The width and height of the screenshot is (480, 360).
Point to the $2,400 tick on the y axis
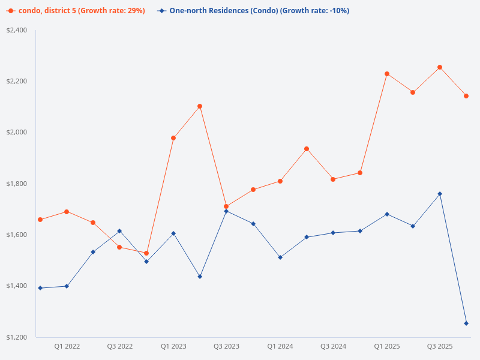coord(17,30)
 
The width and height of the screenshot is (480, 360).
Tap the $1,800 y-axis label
coord(17,184)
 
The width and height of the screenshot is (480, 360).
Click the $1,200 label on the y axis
coord(17,337)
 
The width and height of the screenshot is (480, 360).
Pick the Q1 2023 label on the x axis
coord(173,346)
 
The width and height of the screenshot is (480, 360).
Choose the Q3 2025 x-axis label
coord(439,346)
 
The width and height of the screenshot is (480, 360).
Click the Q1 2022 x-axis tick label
coord(67,346)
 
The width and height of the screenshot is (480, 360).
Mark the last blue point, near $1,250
coord(466,323)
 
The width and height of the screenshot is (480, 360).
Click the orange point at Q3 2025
coord(440,67)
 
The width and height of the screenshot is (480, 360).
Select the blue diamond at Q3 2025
coord(440,194)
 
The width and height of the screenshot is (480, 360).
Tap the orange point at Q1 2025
coord(387,74)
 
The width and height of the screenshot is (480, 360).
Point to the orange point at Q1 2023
coord(173,138)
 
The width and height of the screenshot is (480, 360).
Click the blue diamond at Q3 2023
coord(226,211)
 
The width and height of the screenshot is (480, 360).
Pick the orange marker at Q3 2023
coord(226,206)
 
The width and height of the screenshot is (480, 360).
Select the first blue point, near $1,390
coord(40,288)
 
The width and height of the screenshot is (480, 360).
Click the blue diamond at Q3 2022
coord(119,231)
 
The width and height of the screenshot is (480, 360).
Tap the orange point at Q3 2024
coord(333,179)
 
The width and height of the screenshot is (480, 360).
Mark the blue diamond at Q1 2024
coord(280,257)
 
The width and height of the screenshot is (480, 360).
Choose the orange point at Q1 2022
coord(67,212)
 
